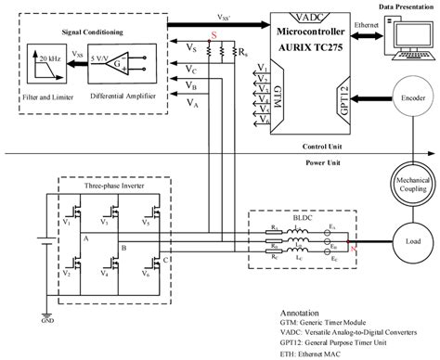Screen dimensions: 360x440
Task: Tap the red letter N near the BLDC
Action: click(349, 247)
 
